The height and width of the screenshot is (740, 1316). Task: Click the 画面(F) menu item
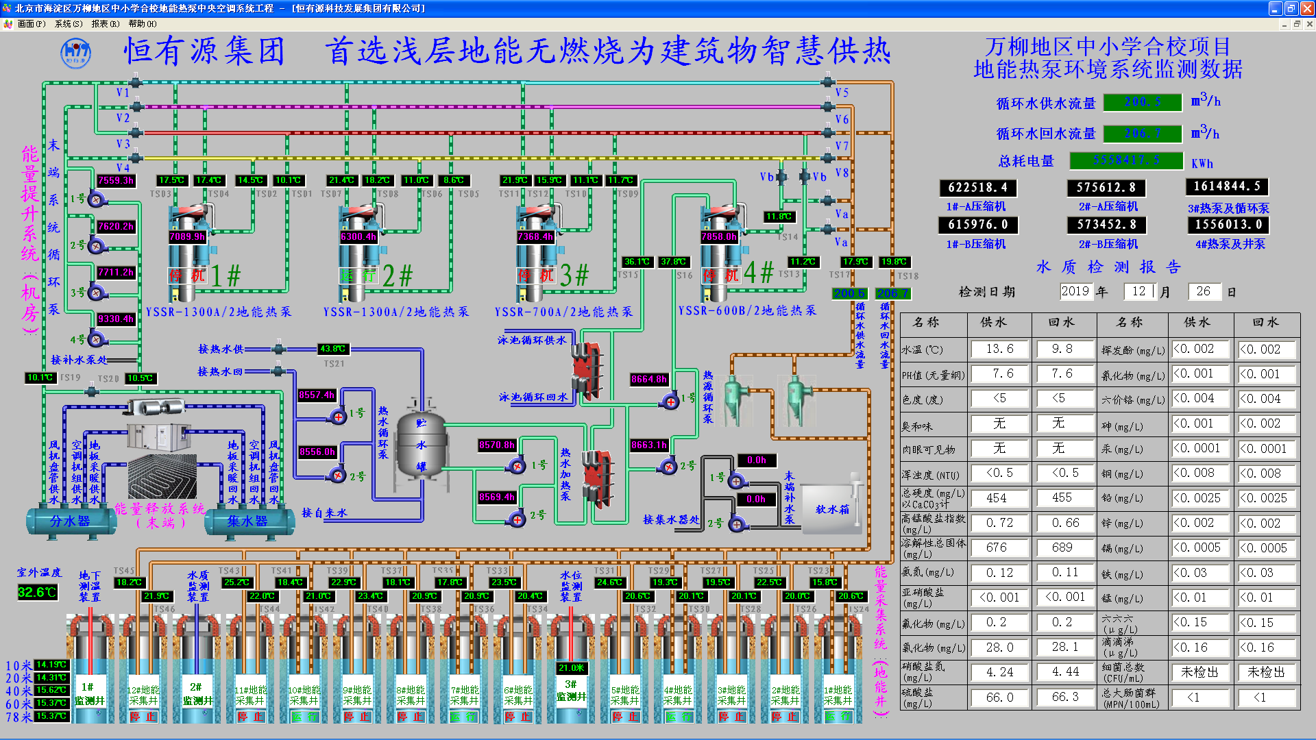point(31,24)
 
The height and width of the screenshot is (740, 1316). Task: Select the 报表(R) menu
point(105,24)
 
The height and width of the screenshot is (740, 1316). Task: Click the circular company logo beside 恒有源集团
point(75,53)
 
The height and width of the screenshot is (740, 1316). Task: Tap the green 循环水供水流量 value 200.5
point(1143,102)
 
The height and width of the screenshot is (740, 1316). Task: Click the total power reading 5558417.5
point(1126,160)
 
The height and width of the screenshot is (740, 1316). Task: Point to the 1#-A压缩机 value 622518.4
point(977,188)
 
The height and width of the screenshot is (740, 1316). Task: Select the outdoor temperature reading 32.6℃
point(37,592)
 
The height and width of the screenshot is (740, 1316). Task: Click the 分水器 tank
point(70,521)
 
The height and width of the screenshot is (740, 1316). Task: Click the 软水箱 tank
point(831,509)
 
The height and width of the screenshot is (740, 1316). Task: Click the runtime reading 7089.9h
point(187,237)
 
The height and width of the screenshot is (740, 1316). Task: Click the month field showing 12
point(1138,291)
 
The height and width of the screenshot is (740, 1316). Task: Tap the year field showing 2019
point(1075,291)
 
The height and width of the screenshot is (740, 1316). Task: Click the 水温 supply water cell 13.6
point(999,349)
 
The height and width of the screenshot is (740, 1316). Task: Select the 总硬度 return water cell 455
point(1062,498)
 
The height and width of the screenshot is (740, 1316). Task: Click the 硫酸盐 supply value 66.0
point(999,698)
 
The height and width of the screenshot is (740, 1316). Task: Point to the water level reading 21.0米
point(571,668)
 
